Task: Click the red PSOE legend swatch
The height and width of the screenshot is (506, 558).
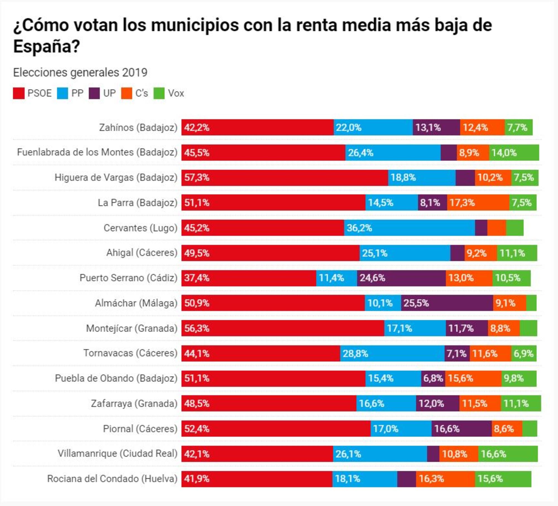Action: [x=18, y=93]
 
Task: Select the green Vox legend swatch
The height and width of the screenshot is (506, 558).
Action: [x=159, y=93]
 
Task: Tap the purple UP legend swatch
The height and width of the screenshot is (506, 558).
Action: [x=94, y=93]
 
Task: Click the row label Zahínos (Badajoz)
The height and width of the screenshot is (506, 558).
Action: [x=138, y=127]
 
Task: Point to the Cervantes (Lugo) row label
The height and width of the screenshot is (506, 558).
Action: [x=140, y=228]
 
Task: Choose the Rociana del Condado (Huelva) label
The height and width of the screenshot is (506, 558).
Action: [x=112, y=479]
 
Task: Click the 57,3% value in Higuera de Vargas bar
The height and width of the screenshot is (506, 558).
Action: [x=197, y=178]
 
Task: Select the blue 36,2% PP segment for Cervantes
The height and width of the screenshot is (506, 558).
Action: [x=409, y=228]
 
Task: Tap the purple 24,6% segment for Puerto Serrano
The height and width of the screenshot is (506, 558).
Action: [x=401, y=278]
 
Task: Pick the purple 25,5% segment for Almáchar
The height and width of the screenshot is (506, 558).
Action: [x=447, y=303]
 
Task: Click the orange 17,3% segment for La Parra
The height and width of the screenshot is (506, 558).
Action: [x=478, y=203]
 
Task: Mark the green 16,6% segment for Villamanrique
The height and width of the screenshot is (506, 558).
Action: [x=508, y=454]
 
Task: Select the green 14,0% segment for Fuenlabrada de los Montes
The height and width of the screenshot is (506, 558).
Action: [x=514, y=153]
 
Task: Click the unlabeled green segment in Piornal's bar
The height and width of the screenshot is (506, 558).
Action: [x=530, y=429]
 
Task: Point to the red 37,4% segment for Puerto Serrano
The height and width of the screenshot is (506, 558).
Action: [x=249, y=278]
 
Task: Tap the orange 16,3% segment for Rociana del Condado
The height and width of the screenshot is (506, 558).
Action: [x=445, y=479]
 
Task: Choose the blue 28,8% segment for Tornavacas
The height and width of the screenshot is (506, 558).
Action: [x=392, y=353]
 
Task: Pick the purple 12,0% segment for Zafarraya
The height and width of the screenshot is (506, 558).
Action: [x=437, y=404]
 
